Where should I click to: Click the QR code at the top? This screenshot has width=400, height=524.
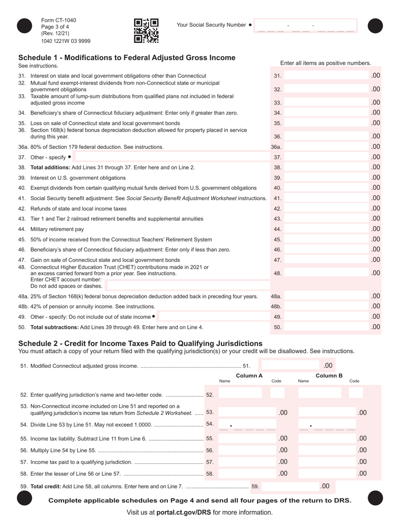(x=146, y=31)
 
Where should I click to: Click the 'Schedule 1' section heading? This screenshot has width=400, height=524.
(x=126, y=58)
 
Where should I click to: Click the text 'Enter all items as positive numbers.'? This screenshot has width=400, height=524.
(x=325, y=63)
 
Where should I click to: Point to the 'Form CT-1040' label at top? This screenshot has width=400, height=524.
(x=59, y=20)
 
